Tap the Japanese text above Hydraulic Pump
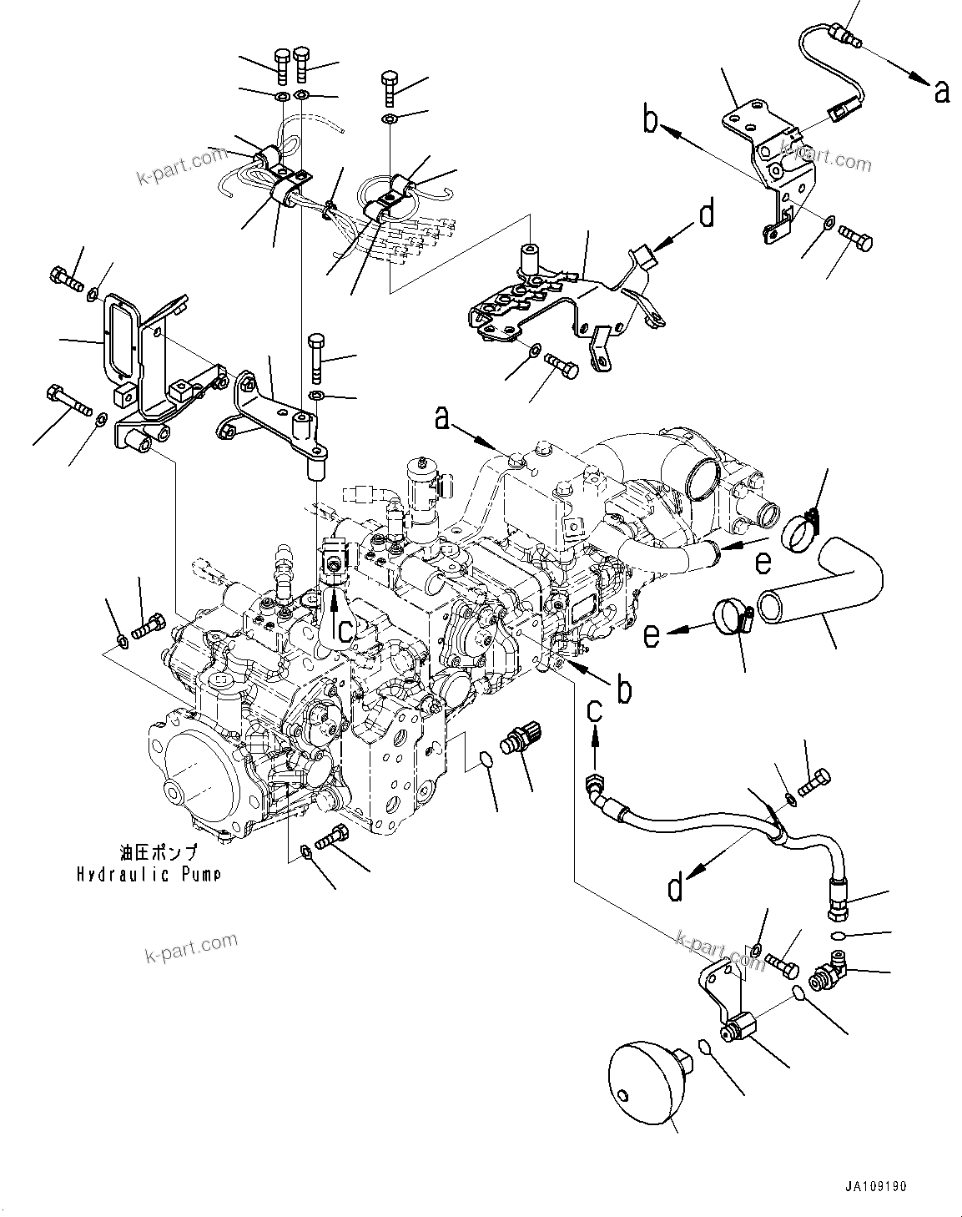(x=158, y=853)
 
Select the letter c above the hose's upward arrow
(x=594, y=711)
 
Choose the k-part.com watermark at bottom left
(x=191, y=947)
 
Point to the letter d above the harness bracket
(x=706, y=215)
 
